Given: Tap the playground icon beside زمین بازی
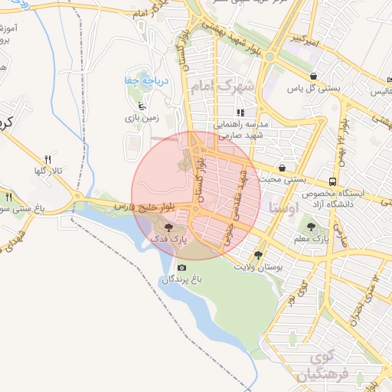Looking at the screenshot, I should point(139,107).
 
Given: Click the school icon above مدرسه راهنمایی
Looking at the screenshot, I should point(240,113).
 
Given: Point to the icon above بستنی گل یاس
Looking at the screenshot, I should point(315,76).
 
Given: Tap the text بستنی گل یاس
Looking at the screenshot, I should point(314,89).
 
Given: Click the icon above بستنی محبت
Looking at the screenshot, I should point(282,167).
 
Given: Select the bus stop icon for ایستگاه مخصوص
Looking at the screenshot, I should point(332,181).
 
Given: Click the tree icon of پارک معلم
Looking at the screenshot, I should point(311,227).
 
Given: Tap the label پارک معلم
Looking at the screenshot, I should point(311,240).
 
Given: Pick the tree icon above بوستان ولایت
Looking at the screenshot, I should point(257,255).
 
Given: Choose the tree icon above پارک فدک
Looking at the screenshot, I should point(168,227).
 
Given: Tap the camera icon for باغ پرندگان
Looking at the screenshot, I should point(181,267).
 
